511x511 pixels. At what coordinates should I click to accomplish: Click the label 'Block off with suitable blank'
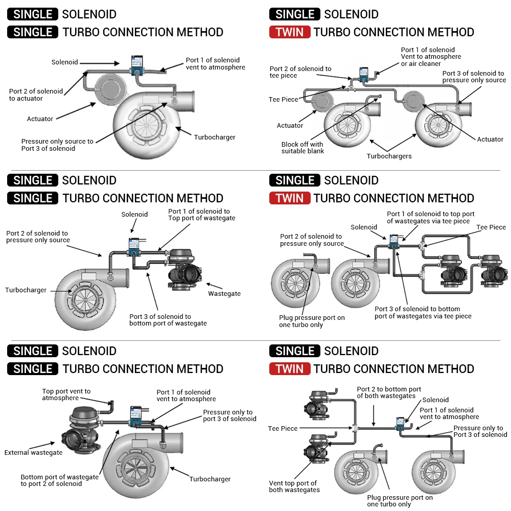(303, 147)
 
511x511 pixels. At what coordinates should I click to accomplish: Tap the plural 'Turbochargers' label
(389, 156)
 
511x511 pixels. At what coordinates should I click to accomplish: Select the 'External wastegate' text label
(33, 452)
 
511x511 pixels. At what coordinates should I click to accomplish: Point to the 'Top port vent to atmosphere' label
(66, 394)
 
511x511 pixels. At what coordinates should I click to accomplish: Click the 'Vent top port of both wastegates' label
(294, 486)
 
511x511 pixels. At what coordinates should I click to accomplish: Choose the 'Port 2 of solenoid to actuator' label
(36, 95)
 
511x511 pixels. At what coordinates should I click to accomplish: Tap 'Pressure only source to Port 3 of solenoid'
(57, 145)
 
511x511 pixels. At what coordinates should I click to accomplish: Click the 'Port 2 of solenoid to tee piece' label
(300, 72)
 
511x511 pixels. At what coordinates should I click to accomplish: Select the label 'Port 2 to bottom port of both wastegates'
(389, 392)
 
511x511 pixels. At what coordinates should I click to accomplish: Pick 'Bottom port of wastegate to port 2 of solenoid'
(59, 480)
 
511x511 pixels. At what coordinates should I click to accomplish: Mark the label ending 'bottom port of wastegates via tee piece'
(423, 312)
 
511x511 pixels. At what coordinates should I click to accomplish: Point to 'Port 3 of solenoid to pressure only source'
(474, 77)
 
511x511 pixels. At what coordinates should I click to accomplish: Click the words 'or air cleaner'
(421, 64)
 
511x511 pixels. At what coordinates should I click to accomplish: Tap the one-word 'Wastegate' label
(224, 293)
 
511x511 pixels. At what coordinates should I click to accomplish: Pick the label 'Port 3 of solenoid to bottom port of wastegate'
(168, 320)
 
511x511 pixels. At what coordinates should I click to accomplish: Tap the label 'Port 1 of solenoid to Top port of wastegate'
(202, 215)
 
